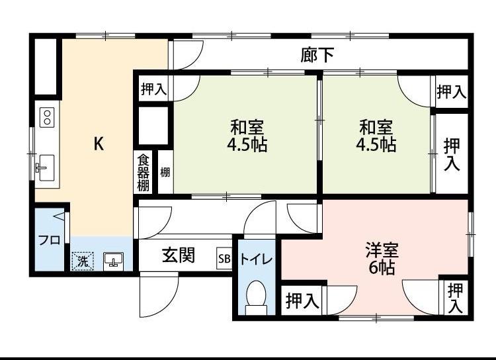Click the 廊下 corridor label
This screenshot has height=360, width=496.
(317, 56)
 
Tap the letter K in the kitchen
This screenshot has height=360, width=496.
(98, 144)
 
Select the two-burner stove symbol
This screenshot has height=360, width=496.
(47, 118)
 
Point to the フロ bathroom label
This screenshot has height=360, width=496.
(48, 240)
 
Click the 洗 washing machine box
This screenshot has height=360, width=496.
(83, 261)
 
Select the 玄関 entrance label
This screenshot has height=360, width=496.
(179, 255)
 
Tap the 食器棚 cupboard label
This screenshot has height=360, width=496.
(144, 173)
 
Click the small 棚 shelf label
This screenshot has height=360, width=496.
(165, 173)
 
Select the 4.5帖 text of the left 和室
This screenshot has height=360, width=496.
(248, 145)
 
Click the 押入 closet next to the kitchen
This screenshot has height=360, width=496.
(153, 89)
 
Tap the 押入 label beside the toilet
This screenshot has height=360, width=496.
(303, 302)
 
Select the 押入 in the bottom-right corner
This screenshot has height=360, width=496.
(455, 298)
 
